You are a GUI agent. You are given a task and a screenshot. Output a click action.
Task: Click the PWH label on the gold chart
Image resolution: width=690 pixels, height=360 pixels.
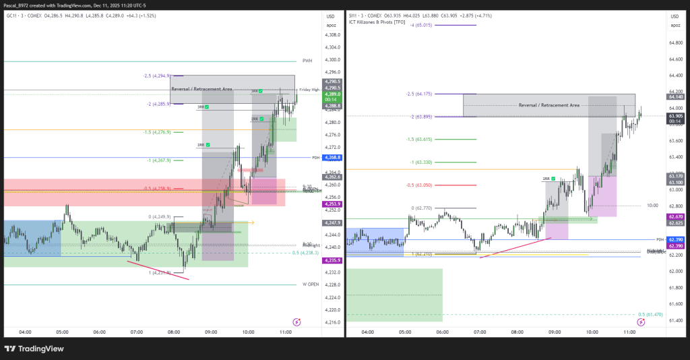tap(307, 61)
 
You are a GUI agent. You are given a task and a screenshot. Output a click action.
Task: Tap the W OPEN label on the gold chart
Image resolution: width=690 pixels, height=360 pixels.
tap(309, 284)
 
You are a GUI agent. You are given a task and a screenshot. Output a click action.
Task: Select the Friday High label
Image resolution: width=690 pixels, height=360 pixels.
tap(309, 90)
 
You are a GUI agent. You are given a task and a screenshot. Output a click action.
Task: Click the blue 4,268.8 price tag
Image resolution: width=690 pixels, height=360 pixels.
tap(333, 158)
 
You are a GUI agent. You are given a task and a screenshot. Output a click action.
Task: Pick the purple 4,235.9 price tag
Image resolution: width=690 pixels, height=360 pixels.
tap(333, 260)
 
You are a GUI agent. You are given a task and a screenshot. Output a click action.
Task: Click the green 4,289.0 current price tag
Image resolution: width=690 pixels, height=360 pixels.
tap(333, 95)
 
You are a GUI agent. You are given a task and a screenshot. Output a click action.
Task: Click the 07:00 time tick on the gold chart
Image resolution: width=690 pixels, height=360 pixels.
tap(136, 332)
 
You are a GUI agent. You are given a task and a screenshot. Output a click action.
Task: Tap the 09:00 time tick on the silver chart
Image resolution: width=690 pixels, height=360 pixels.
tap(555, 332)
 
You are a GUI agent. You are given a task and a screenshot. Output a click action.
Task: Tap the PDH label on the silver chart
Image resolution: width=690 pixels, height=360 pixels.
tap(660, 239)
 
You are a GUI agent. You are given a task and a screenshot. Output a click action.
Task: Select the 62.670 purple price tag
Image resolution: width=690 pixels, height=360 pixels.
tap(675, 216)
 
